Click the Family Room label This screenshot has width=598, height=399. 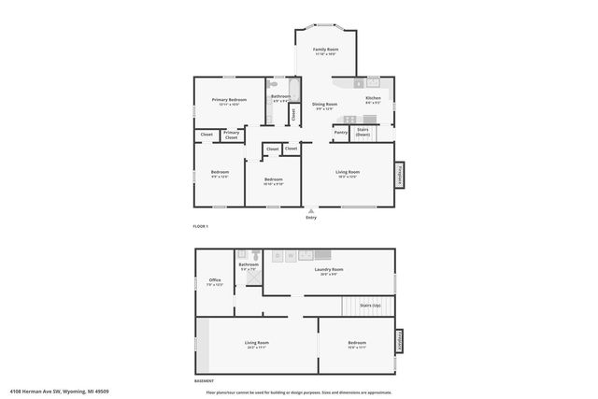pos(325,49)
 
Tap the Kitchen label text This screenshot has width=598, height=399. pos(373,97)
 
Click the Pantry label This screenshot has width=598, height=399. pos(340,132)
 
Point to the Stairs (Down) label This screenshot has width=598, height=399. pos(363,132)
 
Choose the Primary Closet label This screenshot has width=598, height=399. pos(232,135)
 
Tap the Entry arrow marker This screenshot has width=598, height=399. pos(310,210)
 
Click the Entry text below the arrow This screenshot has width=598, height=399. pos(310,218)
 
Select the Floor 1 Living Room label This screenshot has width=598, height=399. pos(349,172)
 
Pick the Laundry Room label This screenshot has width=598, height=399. pos(332,270)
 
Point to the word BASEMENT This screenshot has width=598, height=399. pos(204,381)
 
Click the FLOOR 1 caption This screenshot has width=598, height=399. pos(200,227)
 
